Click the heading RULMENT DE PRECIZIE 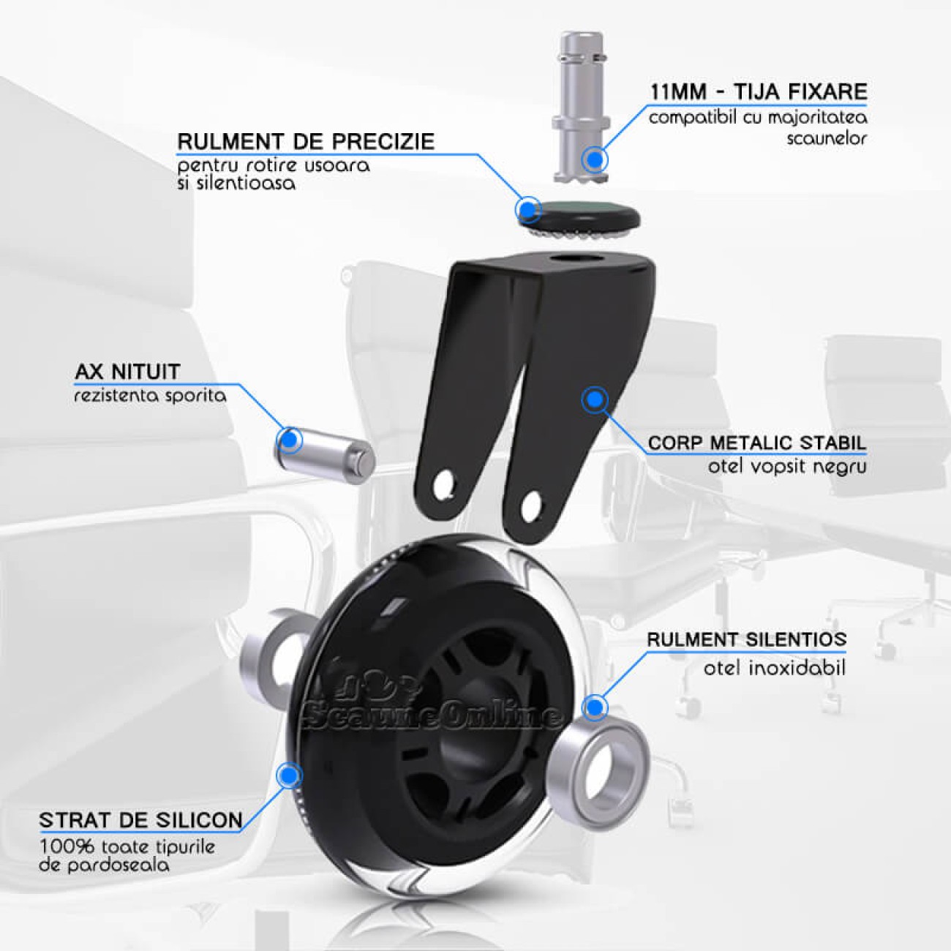[306, 142]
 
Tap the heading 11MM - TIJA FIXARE [759, 91]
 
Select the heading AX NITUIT [127, 372]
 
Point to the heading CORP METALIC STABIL [757, 443]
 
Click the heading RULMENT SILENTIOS [747, 639]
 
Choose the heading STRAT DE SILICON [140, 820]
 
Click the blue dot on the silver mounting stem [595, 159]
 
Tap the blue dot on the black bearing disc [528, 210]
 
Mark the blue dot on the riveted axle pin [290, 439]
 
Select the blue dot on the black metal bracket [595, 399]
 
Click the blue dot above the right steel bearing [595, 707]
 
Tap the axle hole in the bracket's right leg [530, 505]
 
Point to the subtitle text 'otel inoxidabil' [774, 669]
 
